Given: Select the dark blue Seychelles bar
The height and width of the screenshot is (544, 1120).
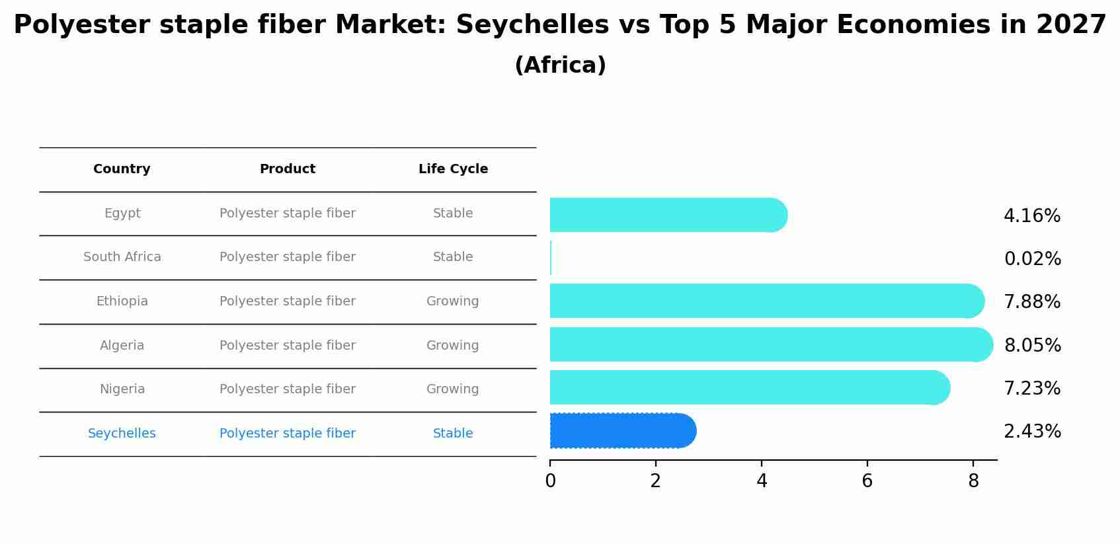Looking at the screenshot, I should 622,431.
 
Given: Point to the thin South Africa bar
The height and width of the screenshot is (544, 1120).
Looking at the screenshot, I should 551,258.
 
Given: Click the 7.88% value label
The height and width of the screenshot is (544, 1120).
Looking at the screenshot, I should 1031,302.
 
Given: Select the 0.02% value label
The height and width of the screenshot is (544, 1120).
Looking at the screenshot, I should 1032,259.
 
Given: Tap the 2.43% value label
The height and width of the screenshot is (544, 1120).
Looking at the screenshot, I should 1031,432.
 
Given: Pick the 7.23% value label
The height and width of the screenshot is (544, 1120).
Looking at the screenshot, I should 1031,389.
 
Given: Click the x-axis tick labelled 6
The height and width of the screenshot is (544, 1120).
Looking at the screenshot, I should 867,481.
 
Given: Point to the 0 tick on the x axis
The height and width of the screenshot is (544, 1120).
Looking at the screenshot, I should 550,481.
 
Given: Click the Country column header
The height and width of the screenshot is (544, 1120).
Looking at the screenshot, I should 122,169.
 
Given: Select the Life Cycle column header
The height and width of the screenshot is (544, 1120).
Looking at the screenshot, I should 453,169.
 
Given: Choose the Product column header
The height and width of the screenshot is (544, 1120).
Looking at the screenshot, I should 287,169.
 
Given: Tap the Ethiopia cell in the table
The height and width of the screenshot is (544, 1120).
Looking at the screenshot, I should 122,301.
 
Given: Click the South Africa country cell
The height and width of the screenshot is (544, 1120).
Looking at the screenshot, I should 122,257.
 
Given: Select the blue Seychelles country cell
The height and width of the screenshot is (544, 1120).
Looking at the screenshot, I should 122,434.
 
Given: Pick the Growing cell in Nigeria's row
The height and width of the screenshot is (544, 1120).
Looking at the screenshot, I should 452,389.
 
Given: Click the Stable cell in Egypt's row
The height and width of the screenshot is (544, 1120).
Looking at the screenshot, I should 452,214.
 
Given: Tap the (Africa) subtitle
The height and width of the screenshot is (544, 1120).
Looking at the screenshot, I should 559,65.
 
